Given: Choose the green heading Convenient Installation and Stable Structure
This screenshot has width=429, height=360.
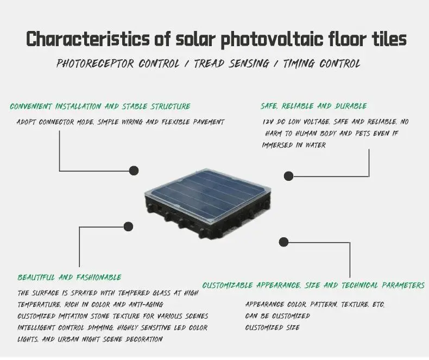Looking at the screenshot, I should click(x=100, y=106).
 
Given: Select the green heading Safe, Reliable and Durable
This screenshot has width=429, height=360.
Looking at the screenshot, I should click(x=314, y=106).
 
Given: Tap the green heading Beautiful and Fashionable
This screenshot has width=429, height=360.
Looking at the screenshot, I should click(x=69, y=277).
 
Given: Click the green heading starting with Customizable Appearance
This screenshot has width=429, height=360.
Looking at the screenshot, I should click(x=313, y=285).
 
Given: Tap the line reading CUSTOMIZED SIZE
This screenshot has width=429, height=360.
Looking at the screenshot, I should click(x=272, y=327).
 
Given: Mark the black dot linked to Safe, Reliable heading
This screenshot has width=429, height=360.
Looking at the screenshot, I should click(x=289, y=175).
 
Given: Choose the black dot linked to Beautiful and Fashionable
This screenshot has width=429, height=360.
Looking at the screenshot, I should click(x=129, y=226).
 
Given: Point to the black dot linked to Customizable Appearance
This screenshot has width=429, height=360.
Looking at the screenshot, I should click(x=283, y=242).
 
